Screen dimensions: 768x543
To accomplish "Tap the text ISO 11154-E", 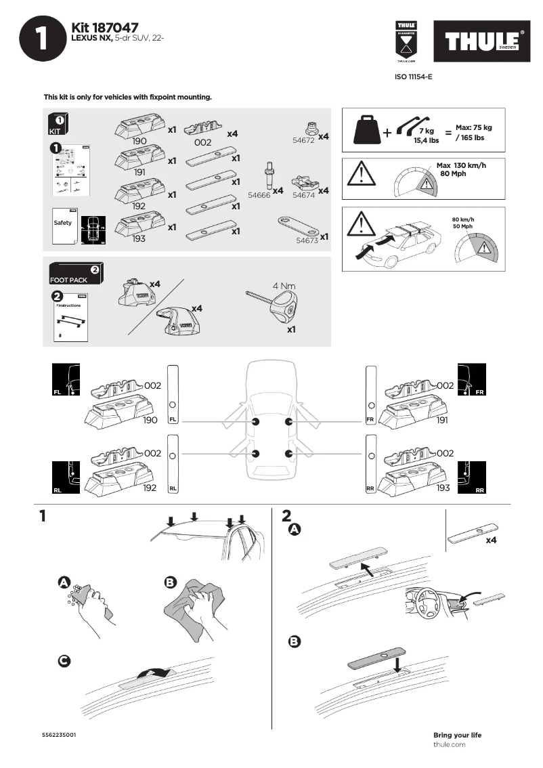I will [x=413, y=77].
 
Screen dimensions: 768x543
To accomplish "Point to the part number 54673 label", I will [x=306, y=240].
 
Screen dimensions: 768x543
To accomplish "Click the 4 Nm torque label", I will [x=284, y=286].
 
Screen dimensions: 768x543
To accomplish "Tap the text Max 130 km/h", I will [x=462, y=165].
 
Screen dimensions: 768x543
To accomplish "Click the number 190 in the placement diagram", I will [x=150, y=420].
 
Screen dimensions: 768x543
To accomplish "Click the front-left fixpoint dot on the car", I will [x=255, y=422].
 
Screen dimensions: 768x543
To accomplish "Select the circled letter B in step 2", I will [x=295, y=641].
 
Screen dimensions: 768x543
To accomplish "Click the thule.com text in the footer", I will [x=449, y=744].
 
